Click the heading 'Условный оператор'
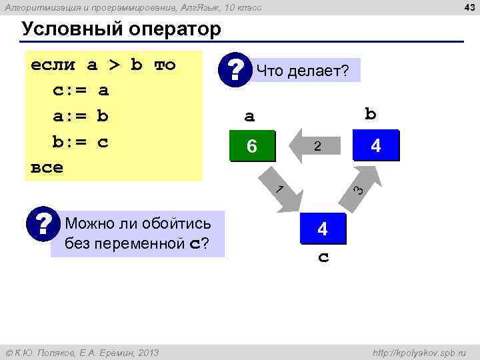pyautogui.click(x=121, y=30)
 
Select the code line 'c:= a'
pyautogui.click(x=80, y=90)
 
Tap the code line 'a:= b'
pyautogui.click(x=80, y=116)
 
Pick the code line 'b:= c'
pyautogui.click(x=80, y=142)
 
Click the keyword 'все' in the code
pyautogui.click(x=47, y=167)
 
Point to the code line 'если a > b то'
pyautogui.click(x=103, y=65)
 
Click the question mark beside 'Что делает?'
pyautogui.click(x=235, y=70)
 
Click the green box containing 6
pyautogui.click(x=251, y=146)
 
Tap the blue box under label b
pyautogui.click(x=375, y=145)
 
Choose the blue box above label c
pyautogui.click(x=323, y=229)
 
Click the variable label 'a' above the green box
pyautogui.click(x=249, y=117)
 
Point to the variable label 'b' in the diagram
pyautogui.click(x=371, y=114)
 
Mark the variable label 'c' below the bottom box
pyautogui.click(x=323, y=257)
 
